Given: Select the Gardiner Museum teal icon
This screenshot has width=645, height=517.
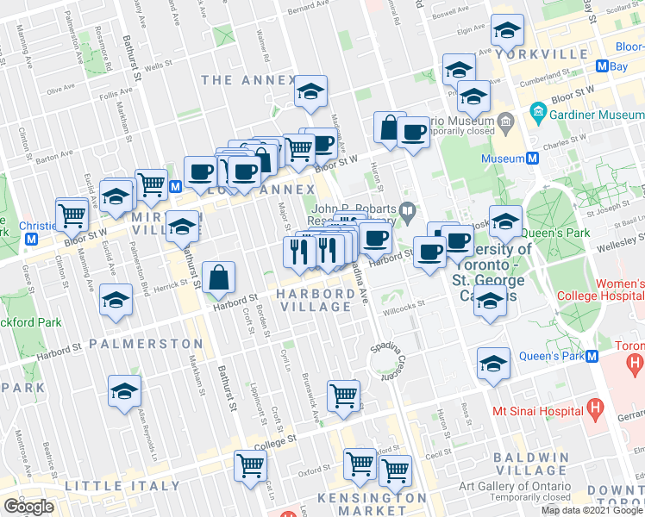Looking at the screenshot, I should [x=538, y=112].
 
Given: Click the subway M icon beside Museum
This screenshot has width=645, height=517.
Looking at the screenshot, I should [x=533, y=159].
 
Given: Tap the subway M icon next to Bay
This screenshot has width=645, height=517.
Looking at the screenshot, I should [x=603, y=66].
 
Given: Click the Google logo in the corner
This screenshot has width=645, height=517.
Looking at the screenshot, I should [x=28, y=507].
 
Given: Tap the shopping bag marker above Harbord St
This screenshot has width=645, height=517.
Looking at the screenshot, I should [x=220, y=278].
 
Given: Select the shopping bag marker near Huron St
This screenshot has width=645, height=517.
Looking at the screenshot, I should [x=390, y=128].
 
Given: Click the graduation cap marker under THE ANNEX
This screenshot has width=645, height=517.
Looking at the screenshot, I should [x=310, y=93].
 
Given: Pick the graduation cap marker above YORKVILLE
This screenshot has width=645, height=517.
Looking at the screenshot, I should [x=508, y=30].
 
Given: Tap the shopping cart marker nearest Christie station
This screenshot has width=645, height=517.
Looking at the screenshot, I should [x=72, y=213].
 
